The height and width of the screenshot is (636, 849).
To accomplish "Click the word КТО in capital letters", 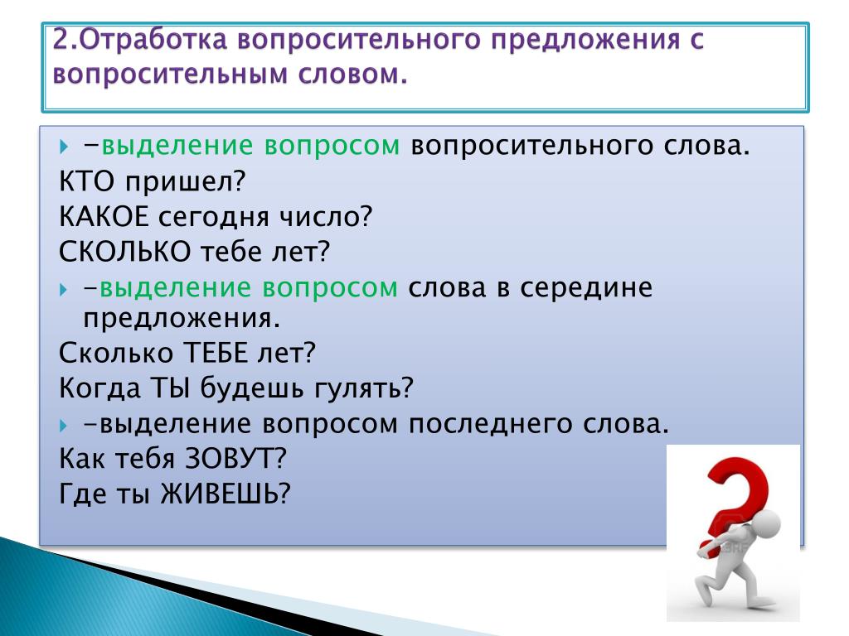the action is [x=86, y=181].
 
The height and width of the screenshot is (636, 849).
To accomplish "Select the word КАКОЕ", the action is [x=104, y=217].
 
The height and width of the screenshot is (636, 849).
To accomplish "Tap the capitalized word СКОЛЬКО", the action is [x=124, y=252].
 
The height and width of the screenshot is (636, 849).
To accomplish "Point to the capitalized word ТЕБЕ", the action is [x=216, y=353].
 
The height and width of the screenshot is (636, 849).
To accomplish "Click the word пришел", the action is [x=180, y=183].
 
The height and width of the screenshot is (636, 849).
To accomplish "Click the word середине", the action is [x=586, y=288].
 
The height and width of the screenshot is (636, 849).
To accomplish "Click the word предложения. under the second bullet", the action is [x=182, y=319].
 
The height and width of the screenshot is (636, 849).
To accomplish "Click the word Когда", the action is [x=99, y=388].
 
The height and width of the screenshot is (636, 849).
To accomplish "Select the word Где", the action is [x=83, y=494].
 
